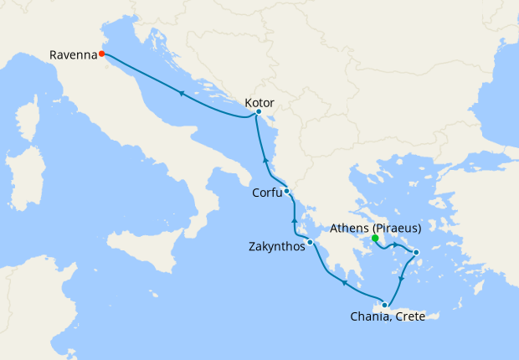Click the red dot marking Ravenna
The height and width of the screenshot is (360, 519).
pyautogui.click(x=101, y=54)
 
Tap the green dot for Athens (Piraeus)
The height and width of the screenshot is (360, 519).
pyautogui.click(x=375, y=238)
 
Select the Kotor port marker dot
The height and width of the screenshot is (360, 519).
pyautogui.click(x=259, y=112)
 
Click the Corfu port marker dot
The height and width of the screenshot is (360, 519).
pyautogui.click(x=286, y=191)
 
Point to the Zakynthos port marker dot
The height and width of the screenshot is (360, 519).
pyautogui.click(x=310, y=243)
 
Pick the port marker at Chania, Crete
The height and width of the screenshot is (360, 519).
pyautogui.click(x=384, y=305)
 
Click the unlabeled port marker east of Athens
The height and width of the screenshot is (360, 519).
pyautogui.click(x=416, y=253)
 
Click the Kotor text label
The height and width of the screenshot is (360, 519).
pyautogui.click(x=259, y=102)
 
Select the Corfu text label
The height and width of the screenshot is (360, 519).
pyautogui.click(x=266, y=193)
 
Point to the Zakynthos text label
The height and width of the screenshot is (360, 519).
pyautogui.click(x=277, y=247)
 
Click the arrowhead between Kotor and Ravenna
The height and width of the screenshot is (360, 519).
pyautogui.click(x=180, y=93)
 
